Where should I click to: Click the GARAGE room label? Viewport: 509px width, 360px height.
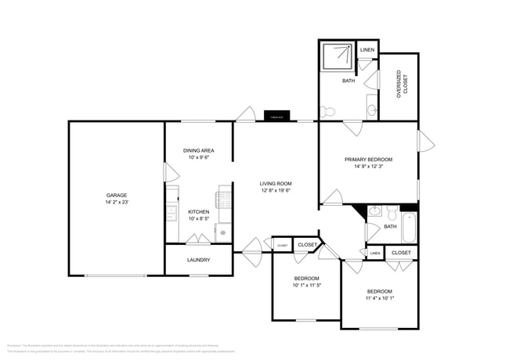[x=117, y=195]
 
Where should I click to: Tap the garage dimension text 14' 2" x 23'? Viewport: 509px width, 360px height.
[x=117, y=202]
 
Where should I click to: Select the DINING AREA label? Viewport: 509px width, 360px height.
[x=198, y=150]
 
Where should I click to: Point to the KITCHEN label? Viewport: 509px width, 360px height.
[x=198, y=211]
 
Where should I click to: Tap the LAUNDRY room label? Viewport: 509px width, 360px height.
[x=198, y=260]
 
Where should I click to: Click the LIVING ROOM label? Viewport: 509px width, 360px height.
[x=276, y=184]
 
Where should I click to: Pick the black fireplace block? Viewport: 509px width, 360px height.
[x=277, y=117]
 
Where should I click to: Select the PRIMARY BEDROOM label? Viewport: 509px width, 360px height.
[x=368, y=159]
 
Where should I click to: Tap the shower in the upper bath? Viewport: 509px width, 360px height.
[x=338, y=56]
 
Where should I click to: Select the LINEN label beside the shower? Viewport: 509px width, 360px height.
[x=367, y=50]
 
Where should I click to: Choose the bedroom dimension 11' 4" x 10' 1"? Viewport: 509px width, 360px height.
[x=379, y=297]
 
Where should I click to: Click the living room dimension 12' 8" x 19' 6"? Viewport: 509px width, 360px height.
[x=276, y=190]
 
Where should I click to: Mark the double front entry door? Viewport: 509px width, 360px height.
[x=252, y=249]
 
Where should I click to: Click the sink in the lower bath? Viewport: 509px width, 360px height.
[x=374, y=211]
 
